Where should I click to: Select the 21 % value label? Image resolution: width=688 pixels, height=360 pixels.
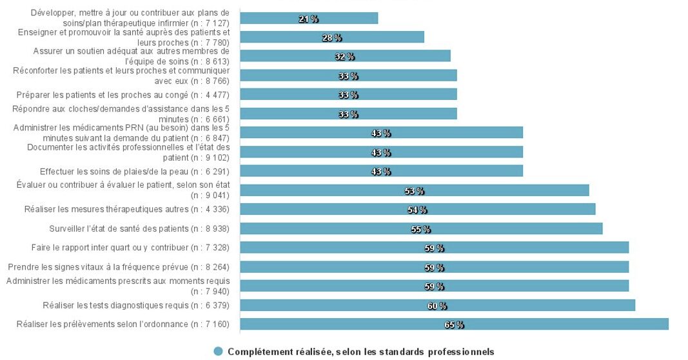pos(309,19)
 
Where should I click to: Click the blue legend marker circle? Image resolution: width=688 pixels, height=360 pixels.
pos(218,352)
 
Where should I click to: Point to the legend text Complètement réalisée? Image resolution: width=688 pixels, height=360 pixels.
pos(360,352)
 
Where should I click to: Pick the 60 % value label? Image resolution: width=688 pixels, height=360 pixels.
pos(437,306)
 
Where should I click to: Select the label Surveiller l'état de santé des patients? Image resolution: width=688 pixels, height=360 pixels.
pos(139,228)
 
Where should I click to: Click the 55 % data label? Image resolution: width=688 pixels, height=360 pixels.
pos(420,229)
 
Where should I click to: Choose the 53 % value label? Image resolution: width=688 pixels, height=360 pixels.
pos(414,191)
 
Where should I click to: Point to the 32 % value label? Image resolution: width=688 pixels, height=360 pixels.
pos(345,57)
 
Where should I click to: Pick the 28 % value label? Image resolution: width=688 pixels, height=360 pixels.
pos(331,38)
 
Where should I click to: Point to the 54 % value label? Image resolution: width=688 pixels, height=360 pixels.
pos(417,210)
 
